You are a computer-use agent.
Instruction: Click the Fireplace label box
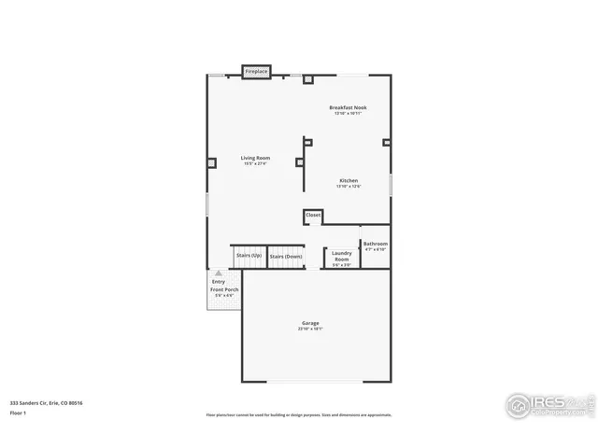click(x=256, y=71)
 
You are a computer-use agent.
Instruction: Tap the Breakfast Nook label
click(x=348, y=107)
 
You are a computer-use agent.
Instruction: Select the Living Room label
click(x=255, y=158)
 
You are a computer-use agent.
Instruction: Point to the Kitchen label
click(x=349, y=180)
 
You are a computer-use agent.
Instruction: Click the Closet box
click(x=313, y=216)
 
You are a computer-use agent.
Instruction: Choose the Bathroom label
click(x=376, y=244)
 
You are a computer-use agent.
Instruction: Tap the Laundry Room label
click(x=342, y=255)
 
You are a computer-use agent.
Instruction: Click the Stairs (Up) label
click(x=249, y=256)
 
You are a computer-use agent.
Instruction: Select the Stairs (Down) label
click(x=286, y=256)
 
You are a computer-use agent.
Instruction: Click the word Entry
click(x=219, y=282)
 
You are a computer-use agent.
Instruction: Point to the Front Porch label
click(x=224, y=289)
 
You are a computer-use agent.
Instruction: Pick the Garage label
click(x=310, y=323)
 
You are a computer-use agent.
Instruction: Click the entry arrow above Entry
click(x=219, y=273)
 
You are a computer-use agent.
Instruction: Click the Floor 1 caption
click(x=19, y=412)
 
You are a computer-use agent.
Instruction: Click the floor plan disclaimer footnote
click(x=299, y=414)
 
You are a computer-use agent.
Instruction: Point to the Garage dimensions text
click(x=310, y=329)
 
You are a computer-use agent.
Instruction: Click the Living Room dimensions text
click(x=255, y=163)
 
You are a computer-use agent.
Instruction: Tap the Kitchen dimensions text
click(x=349, y=186)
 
